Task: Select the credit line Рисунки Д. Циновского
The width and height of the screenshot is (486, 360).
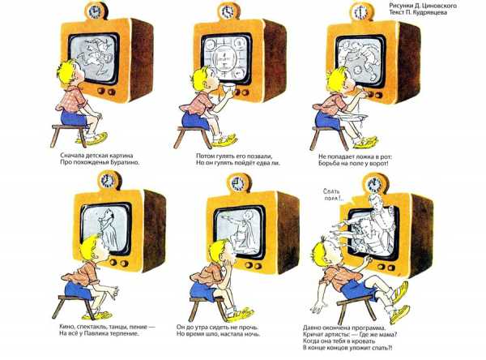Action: [x=423, y=6]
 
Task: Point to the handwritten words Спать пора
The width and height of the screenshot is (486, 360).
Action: [x=331, y=195]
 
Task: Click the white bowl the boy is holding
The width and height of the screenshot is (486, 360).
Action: [x=228, y=89]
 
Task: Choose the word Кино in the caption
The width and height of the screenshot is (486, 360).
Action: [x=66, y=327]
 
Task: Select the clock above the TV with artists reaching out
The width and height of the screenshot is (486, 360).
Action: [x=374, y=184]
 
